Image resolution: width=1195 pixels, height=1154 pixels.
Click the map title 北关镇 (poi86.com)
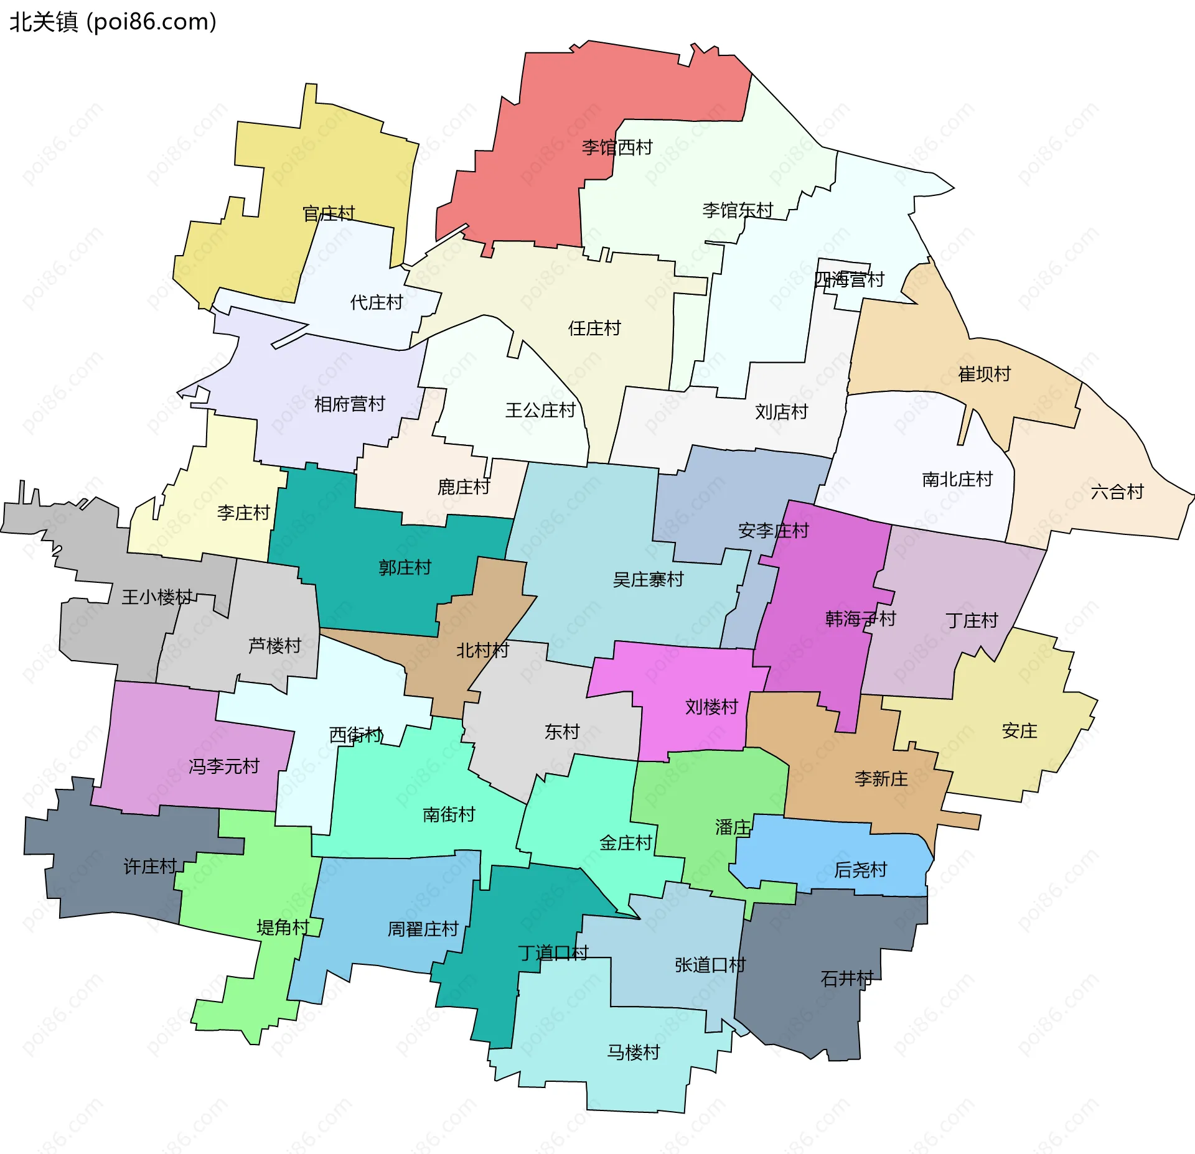pyautogui.click(x=113, y=22)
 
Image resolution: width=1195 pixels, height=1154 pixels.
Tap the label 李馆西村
pyautogui.click(x=617, y=147)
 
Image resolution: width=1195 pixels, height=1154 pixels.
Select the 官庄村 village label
pyautogui.click(x=329, y=213)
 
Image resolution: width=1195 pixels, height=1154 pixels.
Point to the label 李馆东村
pyautogui.click(x=738, y=210)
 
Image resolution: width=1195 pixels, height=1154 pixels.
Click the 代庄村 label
pyautogui.click(x=377, y=302)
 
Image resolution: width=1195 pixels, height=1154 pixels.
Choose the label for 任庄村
pyautogui.click(x=594, y=328)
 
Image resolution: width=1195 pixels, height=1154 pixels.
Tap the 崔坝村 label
pyautogui.click(x=984, y=374)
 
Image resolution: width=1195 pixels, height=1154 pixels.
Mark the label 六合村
pyautogui.click(x=1117, y=492)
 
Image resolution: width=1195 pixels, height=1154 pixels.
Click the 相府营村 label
pyautogui.click(x=350, y=404)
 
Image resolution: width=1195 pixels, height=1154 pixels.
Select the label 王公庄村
pyautogui.click(x=540, y=410)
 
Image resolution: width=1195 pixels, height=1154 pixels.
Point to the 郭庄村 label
pyautogui.click(x=405, y=567)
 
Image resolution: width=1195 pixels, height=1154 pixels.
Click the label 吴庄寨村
pyautogui.click(x=648, y=580)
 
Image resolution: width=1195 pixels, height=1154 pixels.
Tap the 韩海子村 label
pyautogui.click(x=860, y=618)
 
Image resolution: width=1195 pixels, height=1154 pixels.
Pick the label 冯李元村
pyautogui.click(x=223, y=766)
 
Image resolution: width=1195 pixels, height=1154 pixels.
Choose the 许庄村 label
pyautogui.click(x=150, y=866)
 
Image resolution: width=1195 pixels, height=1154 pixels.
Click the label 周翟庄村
pyautogui.click(x=423, y=929)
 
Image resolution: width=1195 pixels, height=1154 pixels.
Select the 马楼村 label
pyautogui.click(x=633, y=1052)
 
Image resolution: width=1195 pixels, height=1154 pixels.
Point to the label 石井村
pyautogui.click(x=846, y=979)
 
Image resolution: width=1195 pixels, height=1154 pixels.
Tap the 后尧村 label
pyautogui.click(x=860, y=870)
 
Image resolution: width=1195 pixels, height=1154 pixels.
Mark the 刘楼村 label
pyautogui.click(x=711, y=707)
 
